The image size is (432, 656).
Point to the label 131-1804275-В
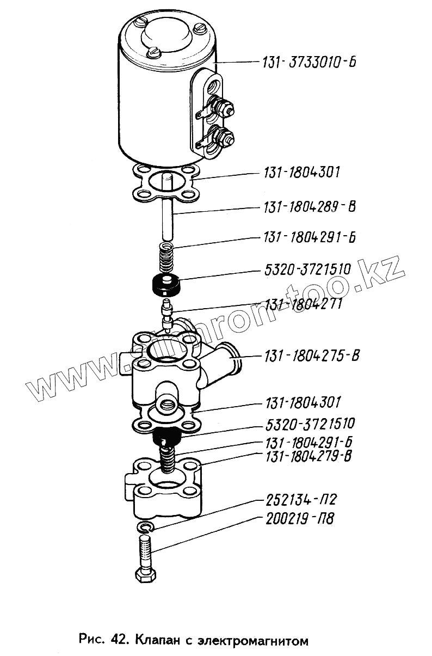click(x=312, y=356)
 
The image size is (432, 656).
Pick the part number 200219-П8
click(x=299, y=518)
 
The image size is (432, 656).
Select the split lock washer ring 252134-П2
click(x=146, y=526)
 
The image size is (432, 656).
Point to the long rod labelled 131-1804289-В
click(x=167, y=218)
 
